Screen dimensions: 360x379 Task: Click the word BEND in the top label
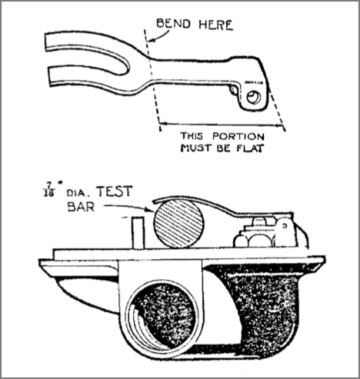pos(174,24)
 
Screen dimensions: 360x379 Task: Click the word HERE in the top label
pos(215,25)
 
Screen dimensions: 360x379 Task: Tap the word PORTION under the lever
pos(238,136)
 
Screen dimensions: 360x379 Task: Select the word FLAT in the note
pos(249,148)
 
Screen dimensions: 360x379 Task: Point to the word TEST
pos(114,191)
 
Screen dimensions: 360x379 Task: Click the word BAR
pos(81,207)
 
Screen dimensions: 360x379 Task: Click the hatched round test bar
pos(178,224)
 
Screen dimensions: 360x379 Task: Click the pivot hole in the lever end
pos(254,98)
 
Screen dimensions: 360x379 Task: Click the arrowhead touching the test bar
pos(150,210)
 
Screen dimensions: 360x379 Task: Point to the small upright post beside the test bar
pos(138,233)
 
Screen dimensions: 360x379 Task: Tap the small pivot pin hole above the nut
pos(285,226)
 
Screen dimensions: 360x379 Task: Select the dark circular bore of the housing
pos(162,315)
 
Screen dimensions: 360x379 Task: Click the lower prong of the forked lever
pos(90,78)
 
